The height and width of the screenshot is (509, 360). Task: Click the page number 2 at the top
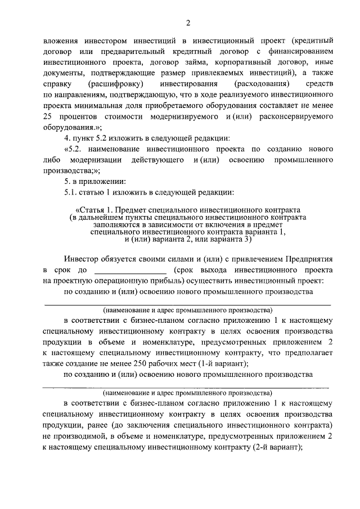187,22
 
